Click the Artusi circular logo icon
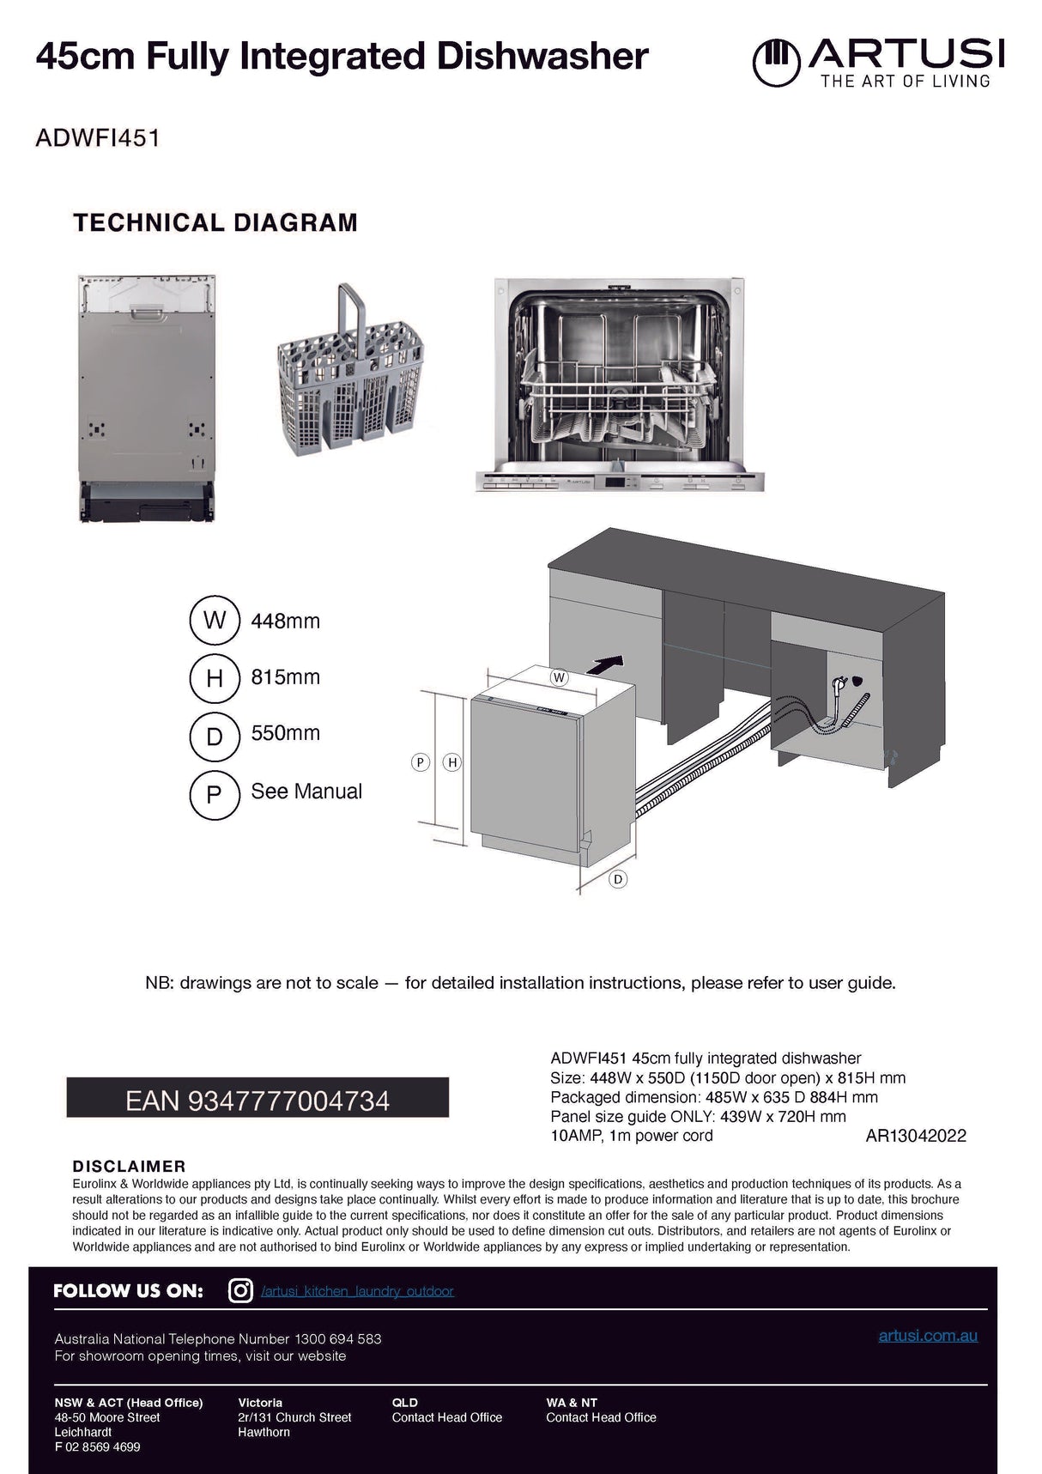[777, 62]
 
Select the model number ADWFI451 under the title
[97, 138]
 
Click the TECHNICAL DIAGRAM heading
[215, 222]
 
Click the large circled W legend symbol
[214, 620]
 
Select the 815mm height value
[285, 676]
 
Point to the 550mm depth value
[285, 733]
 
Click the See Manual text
[306, 791]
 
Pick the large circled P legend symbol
[214, 794]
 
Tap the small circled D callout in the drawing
[618, 879]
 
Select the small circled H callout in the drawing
[452, 761]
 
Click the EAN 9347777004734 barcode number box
[257, 1100]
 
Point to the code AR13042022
[916, 1136]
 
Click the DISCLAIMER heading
[129, 1166]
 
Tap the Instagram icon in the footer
[241, 1290]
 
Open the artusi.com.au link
[928, 1336]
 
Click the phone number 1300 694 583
[337, 1338]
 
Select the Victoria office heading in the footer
[260, 1403]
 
